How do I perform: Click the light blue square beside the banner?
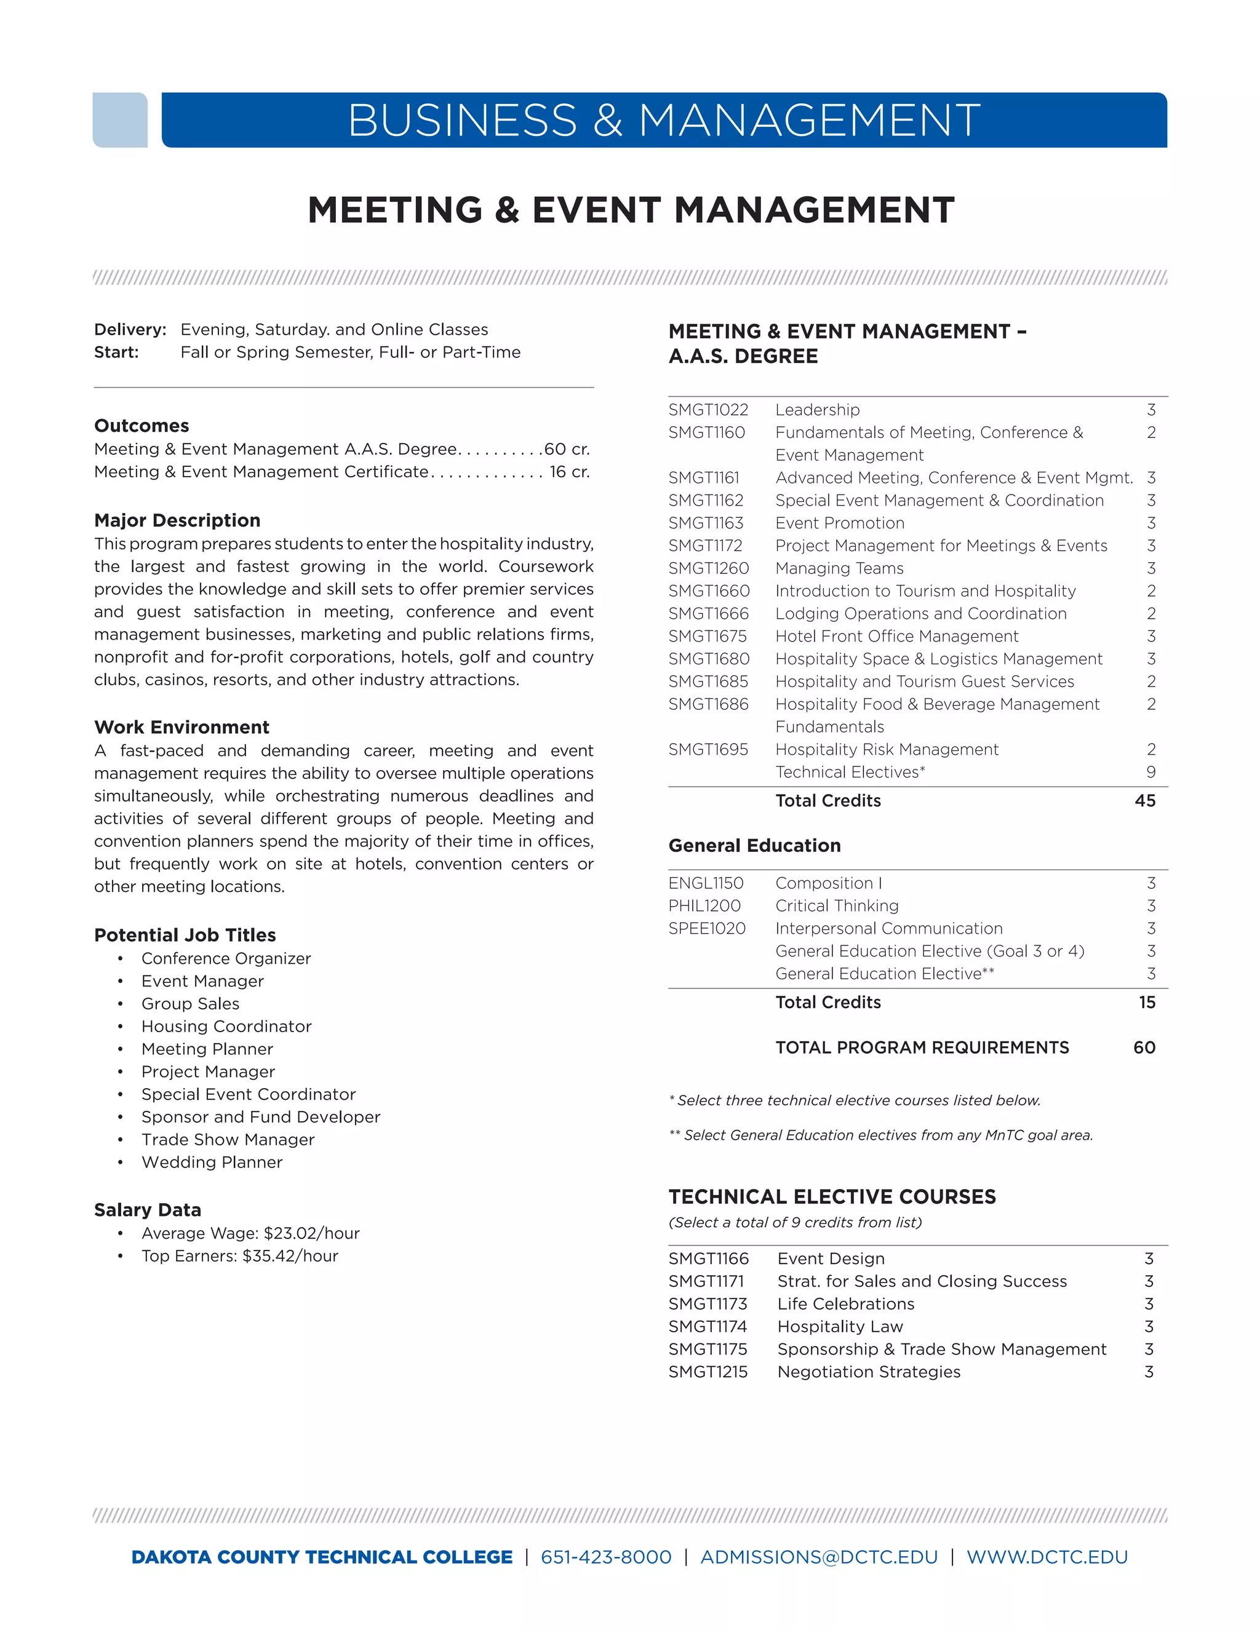tap(119, 120)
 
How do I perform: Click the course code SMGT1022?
tap(708, 410)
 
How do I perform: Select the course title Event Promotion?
tap(840, 523)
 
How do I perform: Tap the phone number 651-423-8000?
tap(606, 1557)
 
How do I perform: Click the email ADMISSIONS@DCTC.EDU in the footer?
tap(819, 1557)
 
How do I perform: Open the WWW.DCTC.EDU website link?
tap(1047, 1557)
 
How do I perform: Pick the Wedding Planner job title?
tap(212, 1162)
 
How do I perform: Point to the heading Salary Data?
tap(148, 1210)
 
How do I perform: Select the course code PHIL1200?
tap(704, 906)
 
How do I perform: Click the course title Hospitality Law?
tap(840, 1326)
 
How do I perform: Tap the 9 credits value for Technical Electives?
tap(1151, 773)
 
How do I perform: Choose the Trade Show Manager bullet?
tap(228, 1140)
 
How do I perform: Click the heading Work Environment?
tap(181, 727)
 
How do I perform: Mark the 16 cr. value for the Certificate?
tap(570, 472)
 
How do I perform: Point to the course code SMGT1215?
tap(708, 1372)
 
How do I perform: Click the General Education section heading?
tap(754, 846)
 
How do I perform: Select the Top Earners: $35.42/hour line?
tap(239, 1256)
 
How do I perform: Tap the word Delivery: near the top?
tap(130, 330)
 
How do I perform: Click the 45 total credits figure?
tap(1144, 801)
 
